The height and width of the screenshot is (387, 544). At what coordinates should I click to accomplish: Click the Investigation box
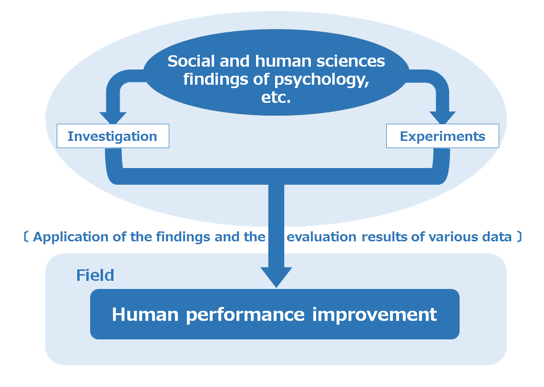click(x=113, y=136)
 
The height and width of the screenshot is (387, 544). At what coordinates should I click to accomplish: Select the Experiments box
click(x=442, y=136)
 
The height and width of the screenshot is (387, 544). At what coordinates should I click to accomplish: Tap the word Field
click(x=95, y=276)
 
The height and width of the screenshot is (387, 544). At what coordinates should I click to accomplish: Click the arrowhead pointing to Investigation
click(x=113, y=118)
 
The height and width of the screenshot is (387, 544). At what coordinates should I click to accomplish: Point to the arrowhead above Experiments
click(x=442, y=118)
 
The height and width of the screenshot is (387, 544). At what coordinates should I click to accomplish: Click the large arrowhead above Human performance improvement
click(x=276, y=277)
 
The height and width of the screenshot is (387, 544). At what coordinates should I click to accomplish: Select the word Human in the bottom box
click(x=145, y=315)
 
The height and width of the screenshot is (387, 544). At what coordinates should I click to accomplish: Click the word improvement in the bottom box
click(x=374, y=315)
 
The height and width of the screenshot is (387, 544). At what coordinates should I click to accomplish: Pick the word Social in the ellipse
click(x=192, y=61)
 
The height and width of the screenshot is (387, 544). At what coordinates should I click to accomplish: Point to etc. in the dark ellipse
click(x=276, y=98)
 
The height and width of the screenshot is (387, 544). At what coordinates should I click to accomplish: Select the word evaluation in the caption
click(x=322, y=237)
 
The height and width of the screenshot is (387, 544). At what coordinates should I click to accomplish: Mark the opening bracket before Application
click(x=26, y=237)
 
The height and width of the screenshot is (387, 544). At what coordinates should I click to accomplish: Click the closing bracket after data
click(x=519, y=237)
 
